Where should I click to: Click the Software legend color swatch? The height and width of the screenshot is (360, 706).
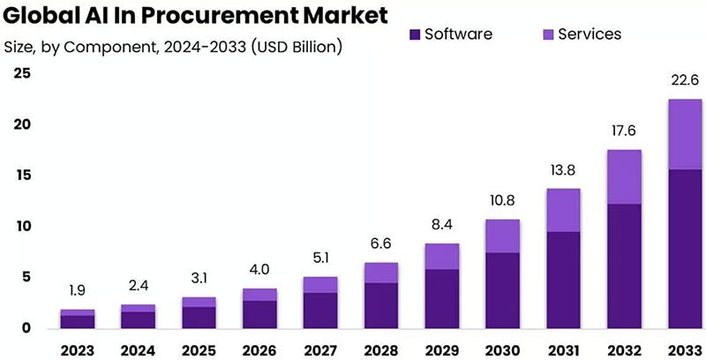tap(414, 34)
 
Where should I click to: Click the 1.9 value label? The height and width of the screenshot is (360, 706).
tap(77, 290)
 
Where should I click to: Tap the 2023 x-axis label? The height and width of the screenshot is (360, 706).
tap(77, 350)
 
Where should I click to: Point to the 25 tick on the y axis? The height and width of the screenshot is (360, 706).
tap(21, 74)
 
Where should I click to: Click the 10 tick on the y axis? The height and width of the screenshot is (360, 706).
tap(21, 227)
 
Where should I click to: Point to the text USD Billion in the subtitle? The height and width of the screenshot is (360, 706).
tap(297, 45)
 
